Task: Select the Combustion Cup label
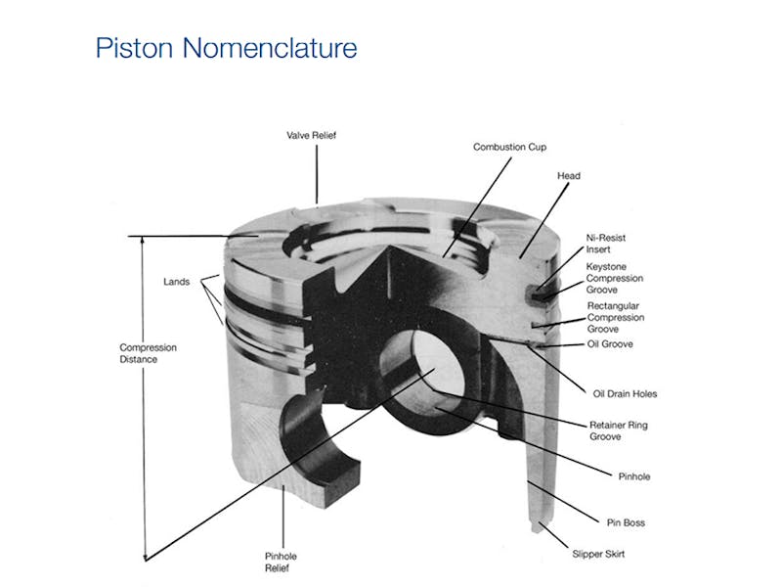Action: (509, 147)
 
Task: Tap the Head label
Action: (569, 176)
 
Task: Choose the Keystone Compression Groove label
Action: (614, 278)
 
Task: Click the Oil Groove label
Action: (611, 344)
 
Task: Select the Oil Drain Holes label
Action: (625, 394)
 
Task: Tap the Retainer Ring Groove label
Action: (618, 431)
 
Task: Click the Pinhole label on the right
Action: (633, 477)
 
